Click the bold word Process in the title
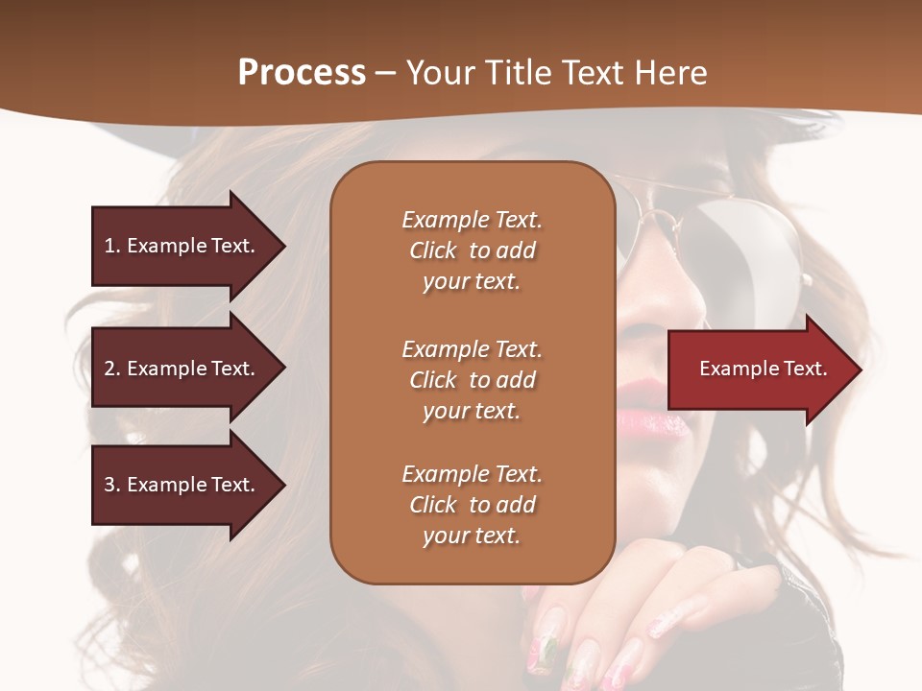[302, 73]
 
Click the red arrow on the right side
[764, 369]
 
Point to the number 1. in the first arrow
[111, 246]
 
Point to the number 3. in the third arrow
[111, 485]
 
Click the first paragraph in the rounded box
[472, 250]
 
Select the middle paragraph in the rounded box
[472, 380]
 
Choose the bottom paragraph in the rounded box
[472, 505]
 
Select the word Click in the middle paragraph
[433, 380]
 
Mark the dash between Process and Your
[385, 73]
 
